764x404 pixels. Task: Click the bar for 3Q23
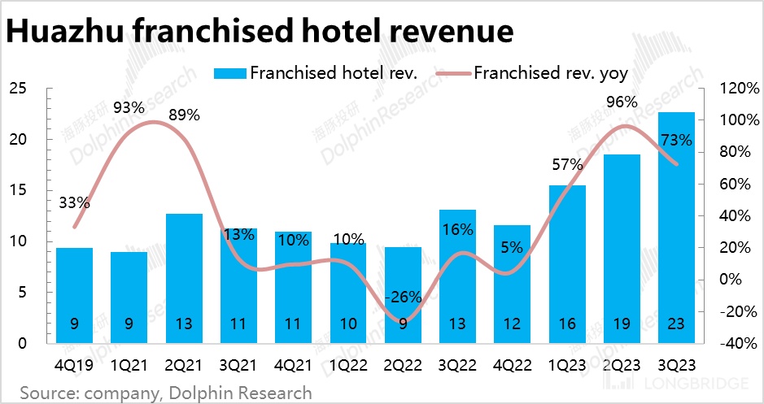[676, 228]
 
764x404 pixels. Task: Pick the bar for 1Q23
[567, 264]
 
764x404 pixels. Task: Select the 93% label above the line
[129, 107]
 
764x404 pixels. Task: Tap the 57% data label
[566, 164]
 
